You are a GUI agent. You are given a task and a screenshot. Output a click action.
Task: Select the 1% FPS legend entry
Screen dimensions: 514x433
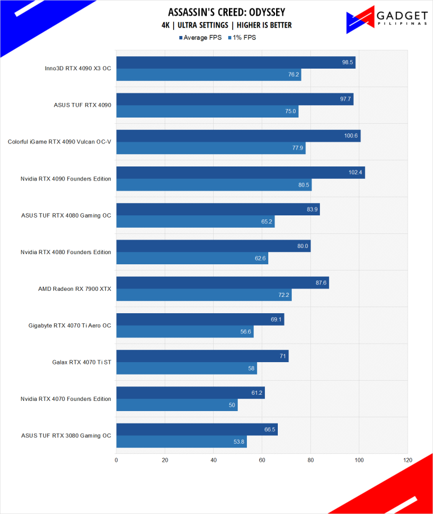point(244,38)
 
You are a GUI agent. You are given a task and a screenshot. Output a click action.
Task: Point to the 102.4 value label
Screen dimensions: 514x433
point(355,172)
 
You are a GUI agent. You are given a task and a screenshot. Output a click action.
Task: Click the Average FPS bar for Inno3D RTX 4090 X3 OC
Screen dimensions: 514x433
point(236,62)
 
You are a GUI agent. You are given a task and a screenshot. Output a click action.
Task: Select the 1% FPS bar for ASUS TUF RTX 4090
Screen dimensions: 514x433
point(207,111)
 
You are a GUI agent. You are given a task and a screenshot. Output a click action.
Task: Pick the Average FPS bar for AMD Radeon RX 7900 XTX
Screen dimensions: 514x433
point(222,282)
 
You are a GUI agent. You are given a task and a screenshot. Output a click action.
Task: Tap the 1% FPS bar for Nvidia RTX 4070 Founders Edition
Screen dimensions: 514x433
point(177,405)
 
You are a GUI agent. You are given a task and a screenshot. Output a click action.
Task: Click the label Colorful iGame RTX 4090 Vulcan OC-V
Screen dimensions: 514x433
point(60,142)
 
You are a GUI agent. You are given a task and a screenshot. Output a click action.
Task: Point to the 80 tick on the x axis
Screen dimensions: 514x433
point(311,459)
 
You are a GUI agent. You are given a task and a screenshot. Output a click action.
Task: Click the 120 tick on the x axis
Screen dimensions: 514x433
point(408,459)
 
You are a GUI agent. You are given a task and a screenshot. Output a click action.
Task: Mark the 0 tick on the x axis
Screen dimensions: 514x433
point(116,459)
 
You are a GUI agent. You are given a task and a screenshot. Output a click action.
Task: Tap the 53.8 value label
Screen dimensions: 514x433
point(238,441)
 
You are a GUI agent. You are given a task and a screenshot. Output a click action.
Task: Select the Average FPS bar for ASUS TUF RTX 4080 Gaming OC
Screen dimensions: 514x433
point(218,209)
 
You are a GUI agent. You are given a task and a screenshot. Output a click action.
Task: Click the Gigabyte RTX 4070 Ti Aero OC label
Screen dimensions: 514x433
point(70,326)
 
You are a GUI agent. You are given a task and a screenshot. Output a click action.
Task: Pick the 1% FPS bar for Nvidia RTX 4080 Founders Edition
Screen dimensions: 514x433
point(192,258)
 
